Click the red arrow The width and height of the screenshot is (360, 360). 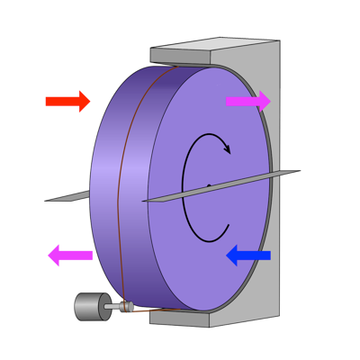(67, 101)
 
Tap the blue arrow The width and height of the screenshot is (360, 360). (248, 256)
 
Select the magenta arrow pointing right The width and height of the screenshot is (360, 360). (247, 101)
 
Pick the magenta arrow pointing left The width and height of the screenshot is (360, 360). (70, 256)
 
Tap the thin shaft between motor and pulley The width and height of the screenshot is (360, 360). (111, 308)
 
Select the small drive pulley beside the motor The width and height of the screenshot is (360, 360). (125, 306)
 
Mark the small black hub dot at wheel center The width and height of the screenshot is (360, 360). (209, 186)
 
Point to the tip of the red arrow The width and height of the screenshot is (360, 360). (90, 101)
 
